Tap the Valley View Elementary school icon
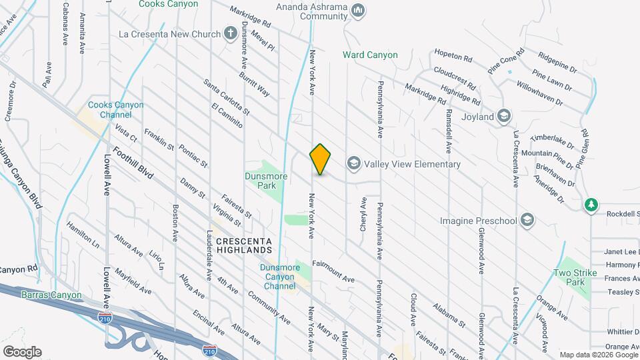[x=353, y=163]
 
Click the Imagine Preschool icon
[x=527, y=220]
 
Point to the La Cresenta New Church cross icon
[x=230, y=33]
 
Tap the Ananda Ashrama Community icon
[x=358, y=9]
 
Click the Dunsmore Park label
[x=267, y=181]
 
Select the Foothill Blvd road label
[x=133, y=163]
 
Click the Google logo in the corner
[x=22, y=351]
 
